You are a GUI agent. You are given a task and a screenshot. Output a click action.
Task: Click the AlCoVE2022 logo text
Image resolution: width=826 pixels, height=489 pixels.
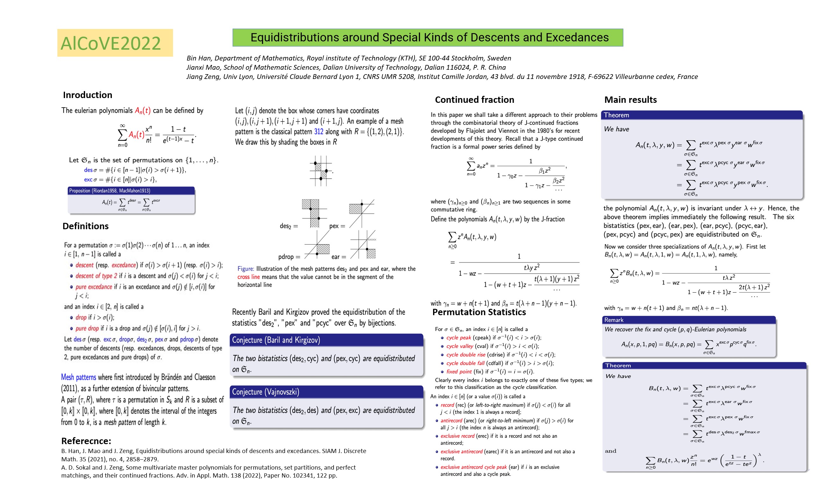111,43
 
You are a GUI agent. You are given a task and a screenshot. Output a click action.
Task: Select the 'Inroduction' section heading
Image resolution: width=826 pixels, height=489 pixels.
88,95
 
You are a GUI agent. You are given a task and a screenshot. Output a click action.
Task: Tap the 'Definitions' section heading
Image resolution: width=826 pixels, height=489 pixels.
85,226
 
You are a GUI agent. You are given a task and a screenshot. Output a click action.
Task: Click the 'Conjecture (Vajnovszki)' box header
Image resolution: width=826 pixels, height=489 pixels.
266,392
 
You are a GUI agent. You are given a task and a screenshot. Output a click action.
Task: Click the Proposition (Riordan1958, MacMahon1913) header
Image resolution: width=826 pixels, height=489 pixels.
110,191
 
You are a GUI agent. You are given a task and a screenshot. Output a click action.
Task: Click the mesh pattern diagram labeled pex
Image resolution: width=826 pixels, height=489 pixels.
362,214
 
